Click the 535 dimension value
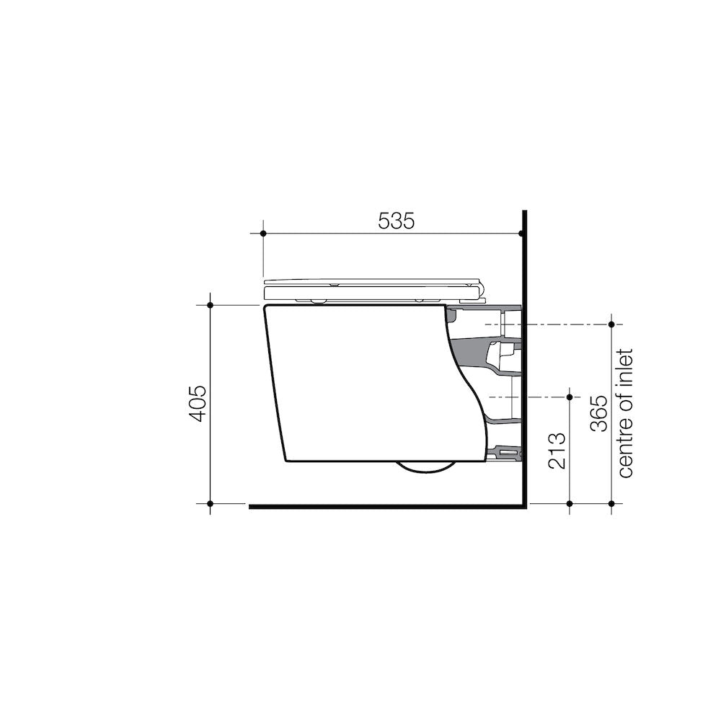coord(397,221)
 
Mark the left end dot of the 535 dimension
coord(264,234)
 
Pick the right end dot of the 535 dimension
coord(521,234)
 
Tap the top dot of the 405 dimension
coord(210,305)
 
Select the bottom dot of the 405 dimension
coord(210,503)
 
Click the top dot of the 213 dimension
coord(570,397)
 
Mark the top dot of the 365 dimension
coord(612,324)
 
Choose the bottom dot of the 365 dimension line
coord(612,503)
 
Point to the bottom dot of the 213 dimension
coord(570,503)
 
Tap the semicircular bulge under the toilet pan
coord(425,466)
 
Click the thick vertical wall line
coord(525,360)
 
